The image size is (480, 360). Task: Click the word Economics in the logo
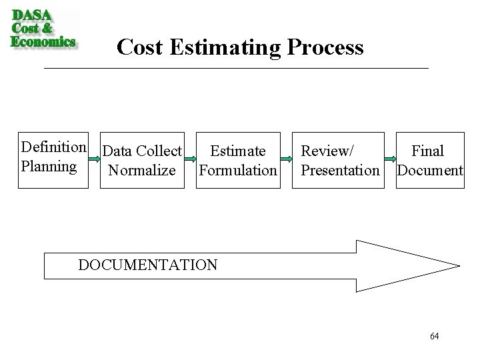coord(43,41)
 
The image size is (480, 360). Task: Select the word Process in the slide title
coord(331,47)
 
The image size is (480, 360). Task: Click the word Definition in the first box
coord(53,147)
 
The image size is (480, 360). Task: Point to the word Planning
coord(49,165)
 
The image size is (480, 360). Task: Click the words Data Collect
coord(143,152)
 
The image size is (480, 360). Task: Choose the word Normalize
coord(142,171)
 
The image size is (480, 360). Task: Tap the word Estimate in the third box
coord(237,152)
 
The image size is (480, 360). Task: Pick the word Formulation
coord(237,171)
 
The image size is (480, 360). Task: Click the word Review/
coord(327,152)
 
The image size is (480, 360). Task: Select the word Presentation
coord(340,171)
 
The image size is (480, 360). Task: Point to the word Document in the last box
coord(429,171)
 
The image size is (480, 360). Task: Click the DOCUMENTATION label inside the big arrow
coord(147,265)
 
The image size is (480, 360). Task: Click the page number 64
coord(435,336)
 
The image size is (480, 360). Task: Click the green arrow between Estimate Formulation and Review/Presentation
coord(286,161)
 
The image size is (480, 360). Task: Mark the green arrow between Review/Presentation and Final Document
coord(389,161)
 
